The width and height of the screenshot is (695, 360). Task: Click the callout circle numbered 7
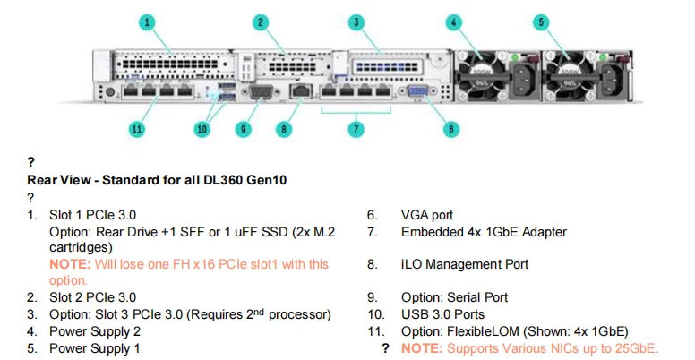click(x=356, y=129)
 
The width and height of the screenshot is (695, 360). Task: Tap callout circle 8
click(x=285, y=129)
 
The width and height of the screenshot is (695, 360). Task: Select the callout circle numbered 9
click(x=243, y=129)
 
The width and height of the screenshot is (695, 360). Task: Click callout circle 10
click(x=202, y=129)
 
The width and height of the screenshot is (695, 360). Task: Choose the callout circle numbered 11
click(x=136, y=129)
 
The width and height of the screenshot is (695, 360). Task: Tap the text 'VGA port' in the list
click(x=427, y=215)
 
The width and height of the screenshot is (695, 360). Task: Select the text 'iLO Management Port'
click(x=465, y=264)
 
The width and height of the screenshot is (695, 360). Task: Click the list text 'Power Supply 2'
click(x=95, y=331)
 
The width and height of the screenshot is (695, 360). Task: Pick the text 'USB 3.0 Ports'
click(x=442, y=314)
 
